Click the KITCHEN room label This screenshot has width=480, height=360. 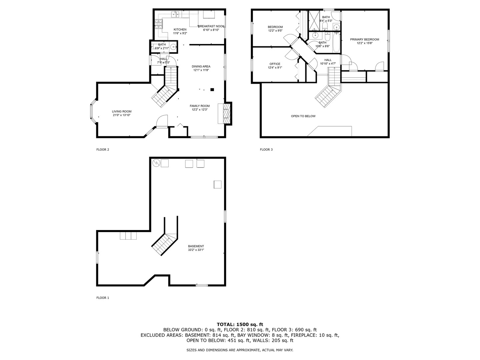(x=180, y=30)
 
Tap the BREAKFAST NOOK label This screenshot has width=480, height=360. (x=211, y=26)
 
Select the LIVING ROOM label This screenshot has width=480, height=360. (x=121, y=112)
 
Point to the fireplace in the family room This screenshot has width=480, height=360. (x=226, y=114)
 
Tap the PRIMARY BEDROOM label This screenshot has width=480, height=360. (x=364, y=39)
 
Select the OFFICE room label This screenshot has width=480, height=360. (x=275, y=64)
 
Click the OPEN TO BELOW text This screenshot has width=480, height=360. (x=303, y=116)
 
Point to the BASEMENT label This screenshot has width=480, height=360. (x=196, y=246)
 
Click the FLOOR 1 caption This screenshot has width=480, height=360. (x=103, y=298)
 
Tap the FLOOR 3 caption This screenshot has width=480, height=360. (x=266, y=150)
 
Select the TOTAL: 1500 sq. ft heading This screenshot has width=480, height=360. (x=240, y=324)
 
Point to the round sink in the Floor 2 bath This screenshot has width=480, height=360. (x=174, y=47)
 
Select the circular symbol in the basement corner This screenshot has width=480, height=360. (x=156, y=163)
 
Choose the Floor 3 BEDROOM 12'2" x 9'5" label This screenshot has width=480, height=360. (x=275, y=27)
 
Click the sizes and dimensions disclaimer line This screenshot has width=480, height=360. (x=240, y=350)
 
